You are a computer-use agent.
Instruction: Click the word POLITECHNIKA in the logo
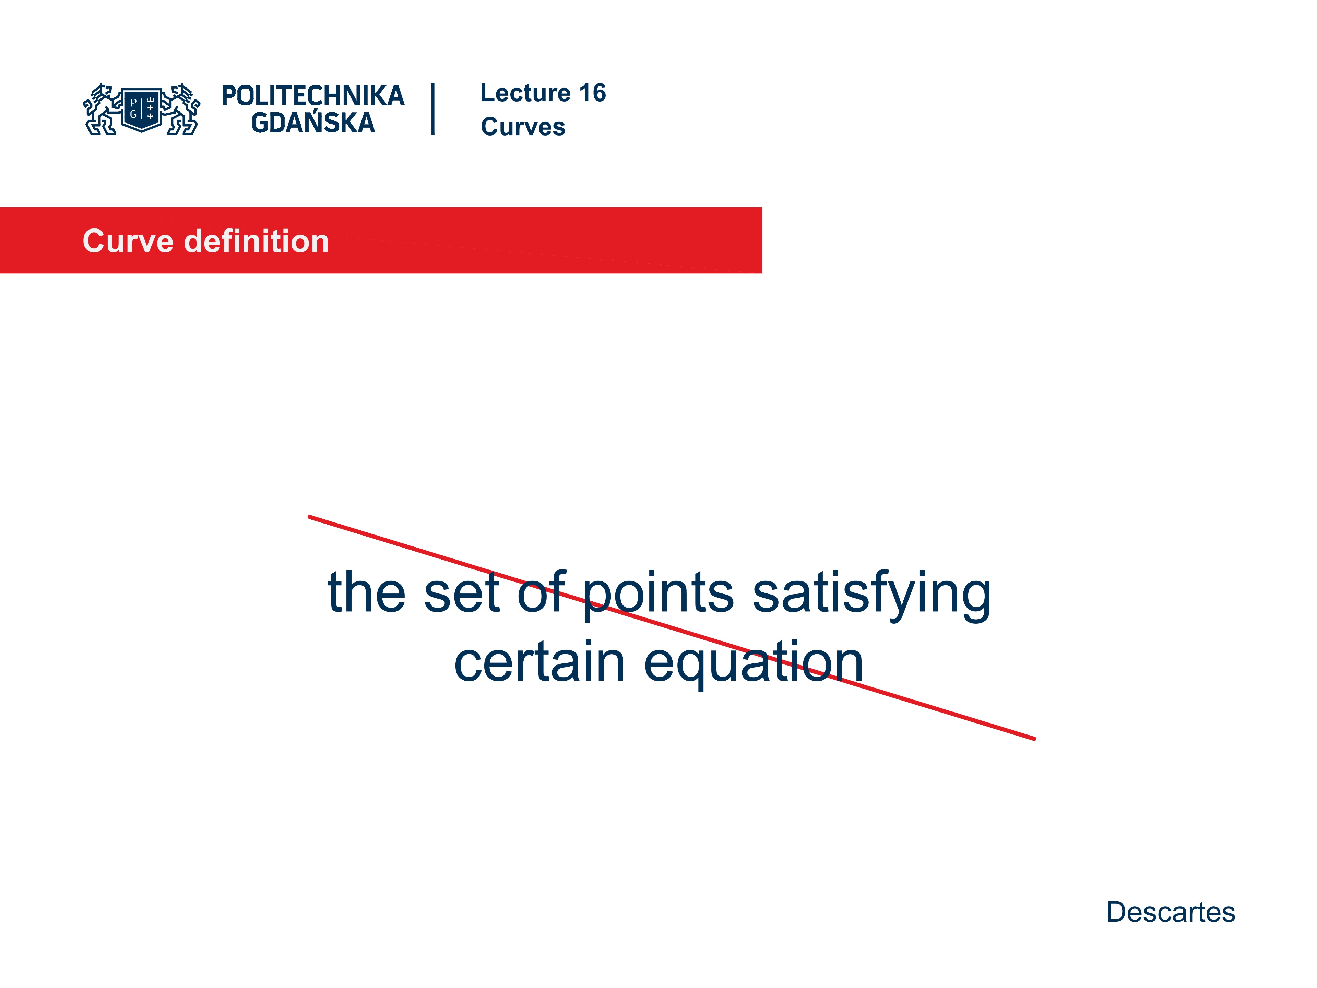tap(312, 96)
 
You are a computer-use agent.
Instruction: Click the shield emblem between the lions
tap(142, 109)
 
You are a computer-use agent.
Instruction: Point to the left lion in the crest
tap(101, 109)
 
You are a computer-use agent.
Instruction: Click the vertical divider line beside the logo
tap(433, 109)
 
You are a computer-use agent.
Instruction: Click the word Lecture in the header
tap(525, 93)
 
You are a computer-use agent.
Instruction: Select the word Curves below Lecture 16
tap(523, 127)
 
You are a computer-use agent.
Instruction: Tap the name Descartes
tap(1171, 912)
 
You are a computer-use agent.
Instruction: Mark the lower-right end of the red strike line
tap(1034, 739)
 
